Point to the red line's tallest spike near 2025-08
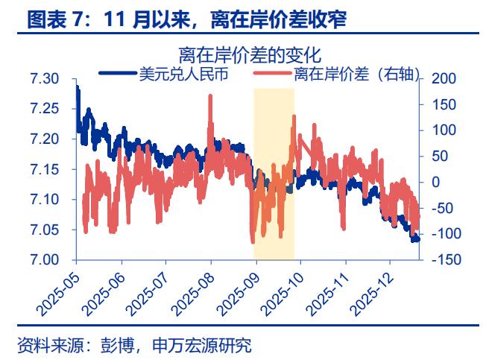coord(211,96)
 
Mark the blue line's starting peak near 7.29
coord(78,88)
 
